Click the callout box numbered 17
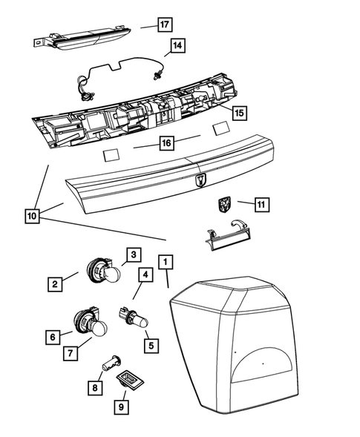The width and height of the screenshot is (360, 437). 164,25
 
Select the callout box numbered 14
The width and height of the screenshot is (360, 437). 176,47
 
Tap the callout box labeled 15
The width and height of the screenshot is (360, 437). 238,113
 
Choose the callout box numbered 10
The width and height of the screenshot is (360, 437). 31,216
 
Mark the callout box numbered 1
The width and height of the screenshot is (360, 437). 166,261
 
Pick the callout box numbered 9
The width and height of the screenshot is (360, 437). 120,406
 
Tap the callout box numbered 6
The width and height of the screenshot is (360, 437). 52,337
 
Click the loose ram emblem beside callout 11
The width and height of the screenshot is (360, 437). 226,204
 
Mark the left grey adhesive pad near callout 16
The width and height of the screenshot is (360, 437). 111,155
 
